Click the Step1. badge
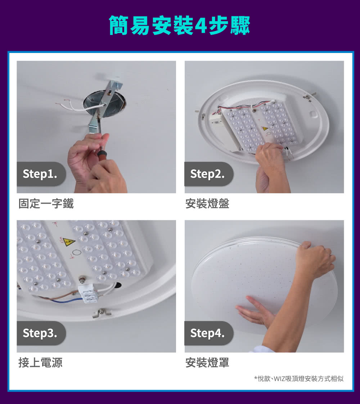click(41, 174)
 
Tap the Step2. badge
click(209, 174)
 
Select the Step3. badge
click(41, 333)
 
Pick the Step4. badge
click(209, 333)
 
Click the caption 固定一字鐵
click(46, 204)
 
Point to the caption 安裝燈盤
click(207, 204)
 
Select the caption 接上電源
click(40, 363)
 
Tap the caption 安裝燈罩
click(207, 363)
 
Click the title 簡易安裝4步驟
click(180, 25)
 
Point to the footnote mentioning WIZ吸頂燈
click(299, 378)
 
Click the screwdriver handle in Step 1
click(102, 155)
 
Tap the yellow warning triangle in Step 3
click(69, 242)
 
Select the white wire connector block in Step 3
click(89, 294)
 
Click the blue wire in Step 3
click(67, 300)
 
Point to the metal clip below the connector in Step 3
click(102, 313)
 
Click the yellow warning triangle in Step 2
click(265, 128)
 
